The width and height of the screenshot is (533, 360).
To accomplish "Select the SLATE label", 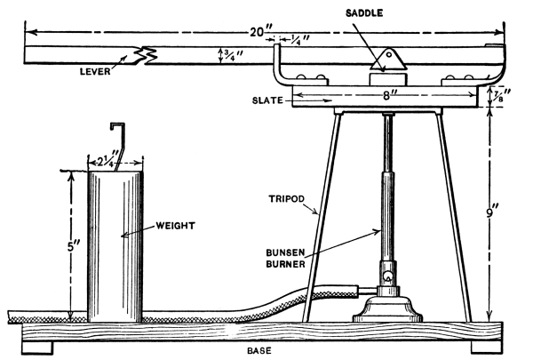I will (266, 100).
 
